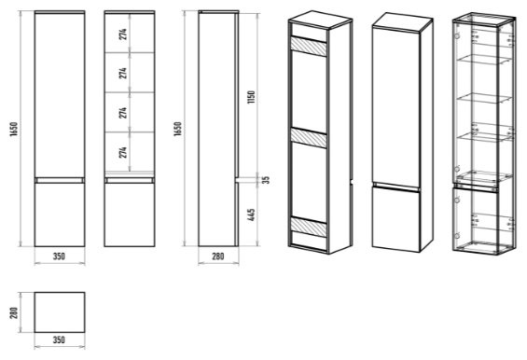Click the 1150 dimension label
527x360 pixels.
252,97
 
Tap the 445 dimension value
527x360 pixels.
252,215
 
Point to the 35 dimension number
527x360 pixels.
266,180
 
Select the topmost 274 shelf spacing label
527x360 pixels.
123,35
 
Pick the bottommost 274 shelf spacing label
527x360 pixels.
123,152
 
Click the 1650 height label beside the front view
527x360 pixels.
14,129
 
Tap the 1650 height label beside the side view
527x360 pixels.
178,129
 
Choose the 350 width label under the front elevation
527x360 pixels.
59,256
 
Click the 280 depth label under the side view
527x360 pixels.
217,256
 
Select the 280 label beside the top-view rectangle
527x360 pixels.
14,313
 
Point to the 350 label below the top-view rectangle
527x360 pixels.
59,339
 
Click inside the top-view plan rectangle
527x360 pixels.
60,312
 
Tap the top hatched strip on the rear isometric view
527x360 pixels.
309,47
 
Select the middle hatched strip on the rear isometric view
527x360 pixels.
309,138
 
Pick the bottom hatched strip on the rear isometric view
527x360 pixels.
309,228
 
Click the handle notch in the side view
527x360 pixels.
237,180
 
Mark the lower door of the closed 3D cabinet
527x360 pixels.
395,219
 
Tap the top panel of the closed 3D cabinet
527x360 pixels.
403,21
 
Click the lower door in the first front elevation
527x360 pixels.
60,215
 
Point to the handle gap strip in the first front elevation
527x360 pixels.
60,180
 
